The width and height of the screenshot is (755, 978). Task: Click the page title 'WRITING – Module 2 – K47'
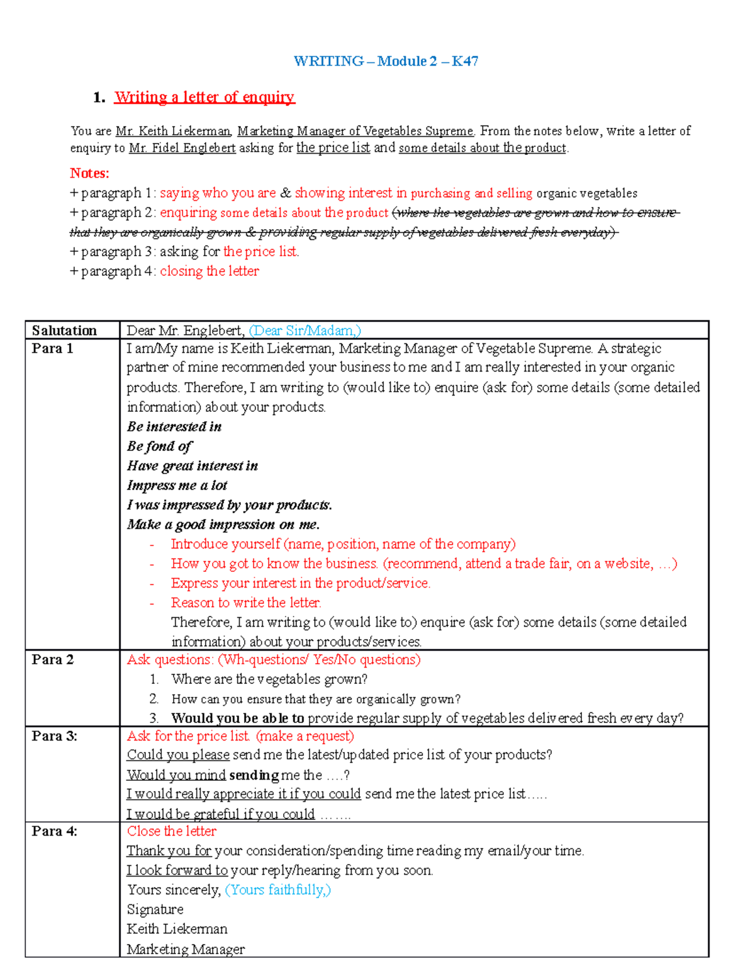[386, 61]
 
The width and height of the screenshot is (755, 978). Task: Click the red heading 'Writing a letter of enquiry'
[204, 97]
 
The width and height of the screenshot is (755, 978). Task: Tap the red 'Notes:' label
[89, 173]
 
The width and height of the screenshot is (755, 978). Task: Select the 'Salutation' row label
[64, 331]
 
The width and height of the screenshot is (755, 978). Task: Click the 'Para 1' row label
[52, 348]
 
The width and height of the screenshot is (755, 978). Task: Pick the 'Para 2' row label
[52, 659]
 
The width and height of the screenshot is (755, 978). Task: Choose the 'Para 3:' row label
[54, 736]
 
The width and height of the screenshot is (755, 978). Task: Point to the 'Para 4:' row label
[54, 831]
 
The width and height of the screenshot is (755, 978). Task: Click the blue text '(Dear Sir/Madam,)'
[305, 331]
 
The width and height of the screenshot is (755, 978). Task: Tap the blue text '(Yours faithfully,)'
[277, 889]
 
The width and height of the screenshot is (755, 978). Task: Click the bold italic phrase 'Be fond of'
[159, 446]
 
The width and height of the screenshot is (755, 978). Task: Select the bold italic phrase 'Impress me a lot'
[177, 485]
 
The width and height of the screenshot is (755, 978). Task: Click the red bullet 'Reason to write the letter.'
[246, 602]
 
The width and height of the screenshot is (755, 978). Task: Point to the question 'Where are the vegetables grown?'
[269, 679]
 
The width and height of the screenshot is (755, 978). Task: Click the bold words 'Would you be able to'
[237, 718]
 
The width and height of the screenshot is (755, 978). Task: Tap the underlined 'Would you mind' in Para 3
[176, 775]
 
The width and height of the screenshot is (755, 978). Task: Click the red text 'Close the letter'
[171, 831]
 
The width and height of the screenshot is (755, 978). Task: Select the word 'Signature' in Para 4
[155, 909]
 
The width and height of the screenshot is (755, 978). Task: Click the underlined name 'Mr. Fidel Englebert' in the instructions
[182, 148]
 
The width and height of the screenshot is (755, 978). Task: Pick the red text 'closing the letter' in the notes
[209, 271]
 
